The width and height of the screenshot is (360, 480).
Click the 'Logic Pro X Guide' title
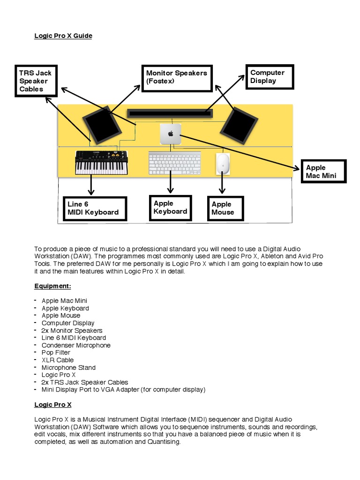coord(63,36)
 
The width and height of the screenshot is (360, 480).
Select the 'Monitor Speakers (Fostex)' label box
coord(176,77)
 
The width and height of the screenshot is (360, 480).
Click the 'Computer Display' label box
coord(270,76)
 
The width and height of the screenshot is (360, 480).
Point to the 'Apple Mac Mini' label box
coord(322,172)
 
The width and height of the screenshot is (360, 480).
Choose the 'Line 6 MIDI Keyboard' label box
coord(95,208)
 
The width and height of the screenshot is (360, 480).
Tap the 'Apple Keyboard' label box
coord(170,208)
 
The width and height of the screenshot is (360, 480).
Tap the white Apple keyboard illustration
coord(174,163)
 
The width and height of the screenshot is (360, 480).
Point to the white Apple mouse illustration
coord(223,164)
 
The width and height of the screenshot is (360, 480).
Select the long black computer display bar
coord(170,113)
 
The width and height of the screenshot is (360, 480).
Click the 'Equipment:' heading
coord(52,286)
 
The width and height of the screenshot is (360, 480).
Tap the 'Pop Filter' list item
coord(56,352)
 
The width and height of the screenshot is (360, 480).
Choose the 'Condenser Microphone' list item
coord(76,345)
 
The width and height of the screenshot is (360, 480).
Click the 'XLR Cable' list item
coord(58,360)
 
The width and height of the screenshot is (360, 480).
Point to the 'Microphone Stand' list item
coord(68,367)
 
